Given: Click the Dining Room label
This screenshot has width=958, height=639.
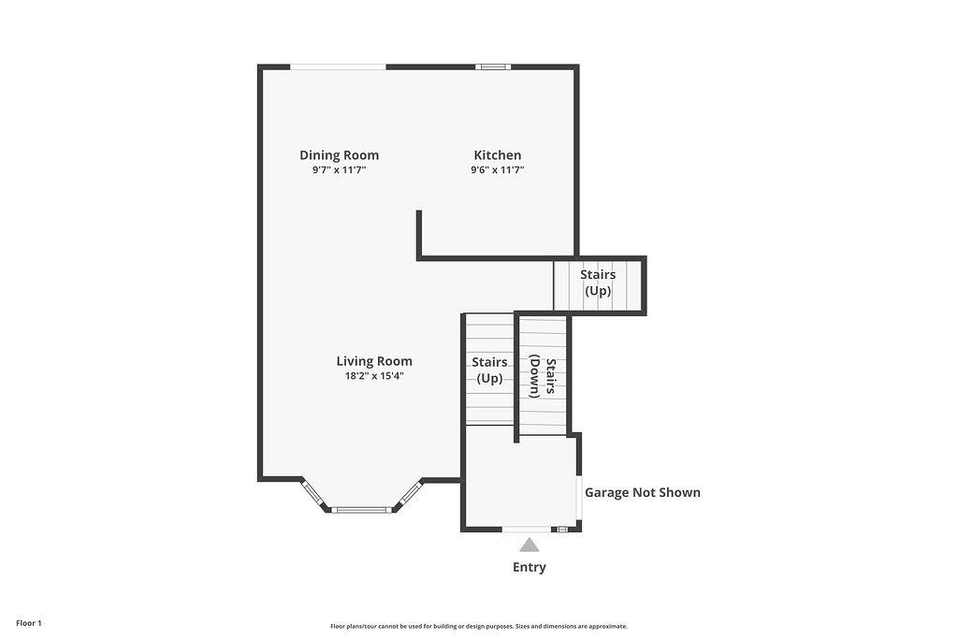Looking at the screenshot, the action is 339,155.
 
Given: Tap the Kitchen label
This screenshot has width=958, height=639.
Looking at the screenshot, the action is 498,155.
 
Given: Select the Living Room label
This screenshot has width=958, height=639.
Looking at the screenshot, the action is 374,361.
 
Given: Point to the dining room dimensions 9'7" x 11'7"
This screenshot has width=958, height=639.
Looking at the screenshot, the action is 339,170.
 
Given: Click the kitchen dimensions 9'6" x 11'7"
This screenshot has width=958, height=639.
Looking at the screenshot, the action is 498,170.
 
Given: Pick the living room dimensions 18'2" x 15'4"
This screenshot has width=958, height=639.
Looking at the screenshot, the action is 374,376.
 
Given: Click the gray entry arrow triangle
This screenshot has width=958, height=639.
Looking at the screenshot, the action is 530,545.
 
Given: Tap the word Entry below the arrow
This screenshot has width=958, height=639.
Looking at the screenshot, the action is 530,567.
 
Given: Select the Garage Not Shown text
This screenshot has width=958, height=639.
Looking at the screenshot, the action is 643,492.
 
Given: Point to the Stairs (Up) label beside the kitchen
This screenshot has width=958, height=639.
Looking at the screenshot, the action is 598,283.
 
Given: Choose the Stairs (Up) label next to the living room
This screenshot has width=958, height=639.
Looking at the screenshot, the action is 489,370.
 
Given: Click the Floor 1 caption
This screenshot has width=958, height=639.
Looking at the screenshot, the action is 29,623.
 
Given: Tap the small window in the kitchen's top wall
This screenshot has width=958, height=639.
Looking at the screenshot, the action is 493,66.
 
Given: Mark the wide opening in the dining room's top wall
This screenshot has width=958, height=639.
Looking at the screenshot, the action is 338,66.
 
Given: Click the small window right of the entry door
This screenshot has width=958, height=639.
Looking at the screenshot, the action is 561,529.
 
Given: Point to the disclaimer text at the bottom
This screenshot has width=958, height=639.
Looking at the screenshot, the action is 479,626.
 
